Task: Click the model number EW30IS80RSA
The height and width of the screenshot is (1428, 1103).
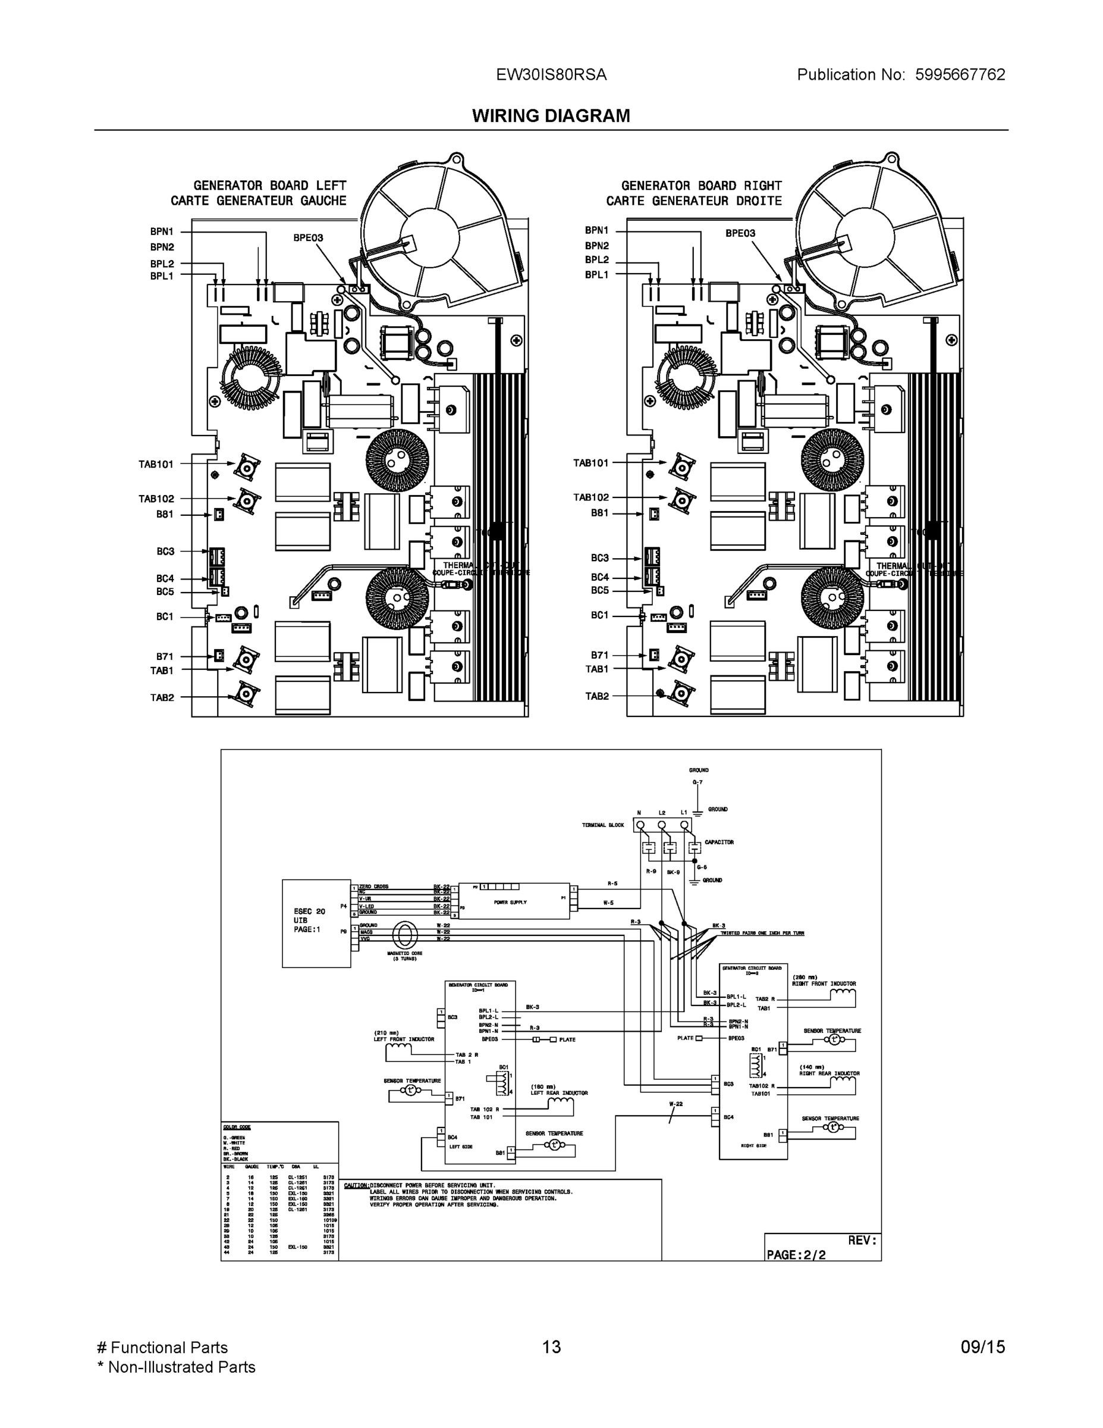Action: (551, 75)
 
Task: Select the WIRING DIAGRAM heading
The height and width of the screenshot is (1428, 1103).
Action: (551, 116)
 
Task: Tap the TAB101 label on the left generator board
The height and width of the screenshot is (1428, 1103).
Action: (156, 464)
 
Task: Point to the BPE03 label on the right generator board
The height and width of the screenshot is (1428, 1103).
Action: (740, 233)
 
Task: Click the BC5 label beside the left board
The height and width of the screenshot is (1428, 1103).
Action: (165, 592)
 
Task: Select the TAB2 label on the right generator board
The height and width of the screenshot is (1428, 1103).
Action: (596, 696)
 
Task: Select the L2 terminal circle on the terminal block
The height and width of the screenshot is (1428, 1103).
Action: (662, 825)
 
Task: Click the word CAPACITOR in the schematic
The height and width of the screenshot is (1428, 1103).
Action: (719, 842)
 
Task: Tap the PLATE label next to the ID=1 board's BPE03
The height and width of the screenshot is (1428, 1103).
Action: (567, 1039)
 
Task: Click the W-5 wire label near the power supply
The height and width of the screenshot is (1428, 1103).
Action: (608, 903)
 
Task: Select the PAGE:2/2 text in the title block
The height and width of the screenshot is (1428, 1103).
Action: (796, 1255)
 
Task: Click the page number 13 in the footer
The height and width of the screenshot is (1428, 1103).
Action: (551, 1347)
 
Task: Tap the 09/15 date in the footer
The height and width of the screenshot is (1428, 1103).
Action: (982, 1347)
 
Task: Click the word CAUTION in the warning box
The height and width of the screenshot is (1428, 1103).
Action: (356, 1185)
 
